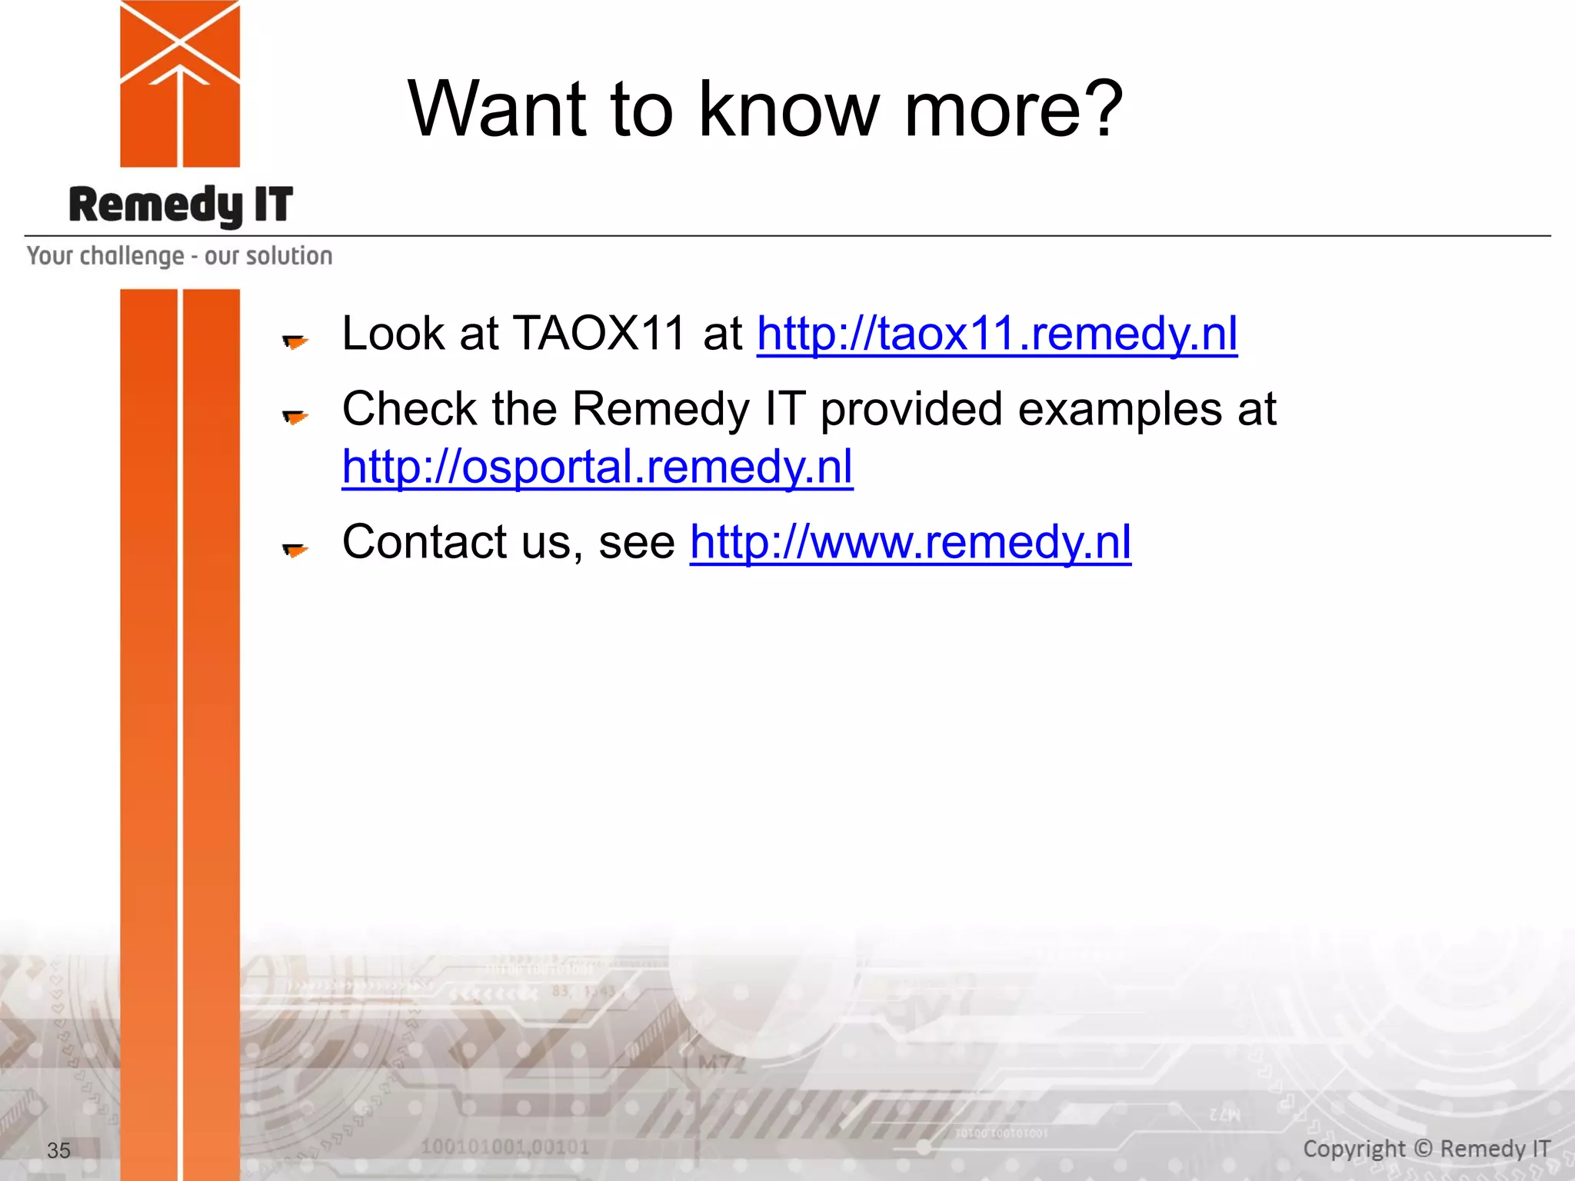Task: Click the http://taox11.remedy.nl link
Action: pos(997,334)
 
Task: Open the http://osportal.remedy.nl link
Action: pos(598,467)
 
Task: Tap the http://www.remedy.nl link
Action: pos(910,542)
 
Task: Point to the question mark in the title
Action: pos(1097,109)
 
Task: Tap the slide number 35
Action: pos(58,1150)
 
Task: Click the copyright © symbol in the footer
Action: pos(1423,1149)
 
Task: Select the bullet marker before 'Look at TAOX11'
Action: pos(295,341)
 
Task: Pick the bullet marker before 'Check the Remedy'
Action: pos(295,416)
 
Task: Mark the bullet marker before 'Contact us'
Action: pos(295,549)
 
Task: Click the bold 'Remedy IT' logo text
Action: pos(181,206)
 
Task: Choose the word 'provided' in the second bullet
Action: pos(911,409)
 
